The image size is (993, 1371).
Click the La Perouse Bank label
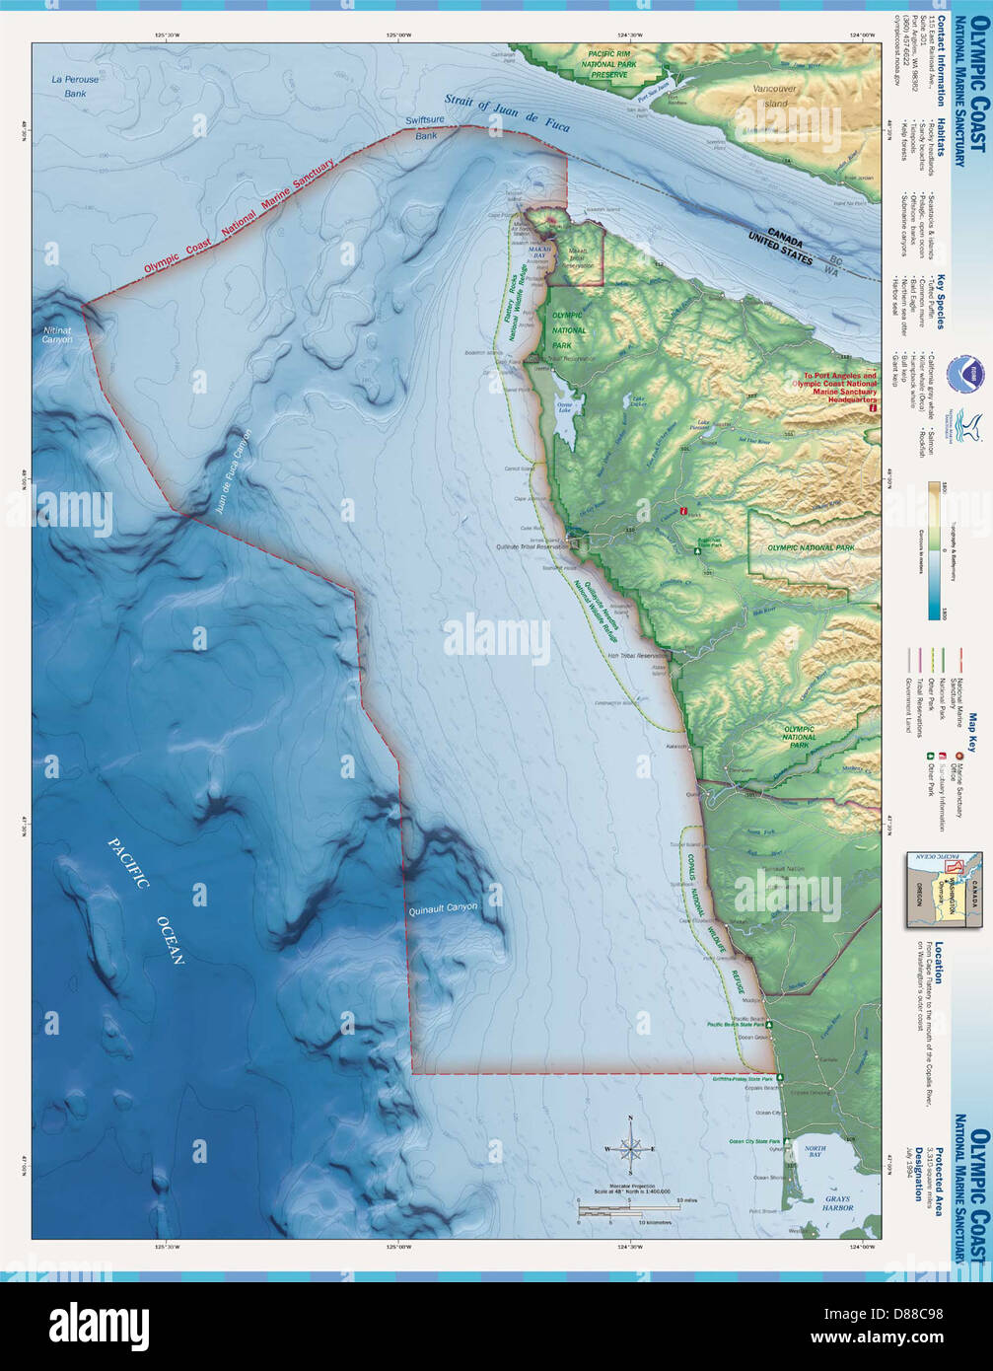pos(70,87)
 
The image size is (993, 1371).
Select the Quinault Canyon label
pos(443,906)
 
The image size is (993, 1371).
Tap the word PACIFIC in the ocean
pos(128,865)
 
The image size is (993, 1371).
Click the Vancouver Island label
pos(774,96)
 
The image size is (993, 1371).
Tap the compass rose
pos(631,1148)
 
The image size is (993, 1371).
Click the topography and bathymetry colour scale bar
pos(933,550)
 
